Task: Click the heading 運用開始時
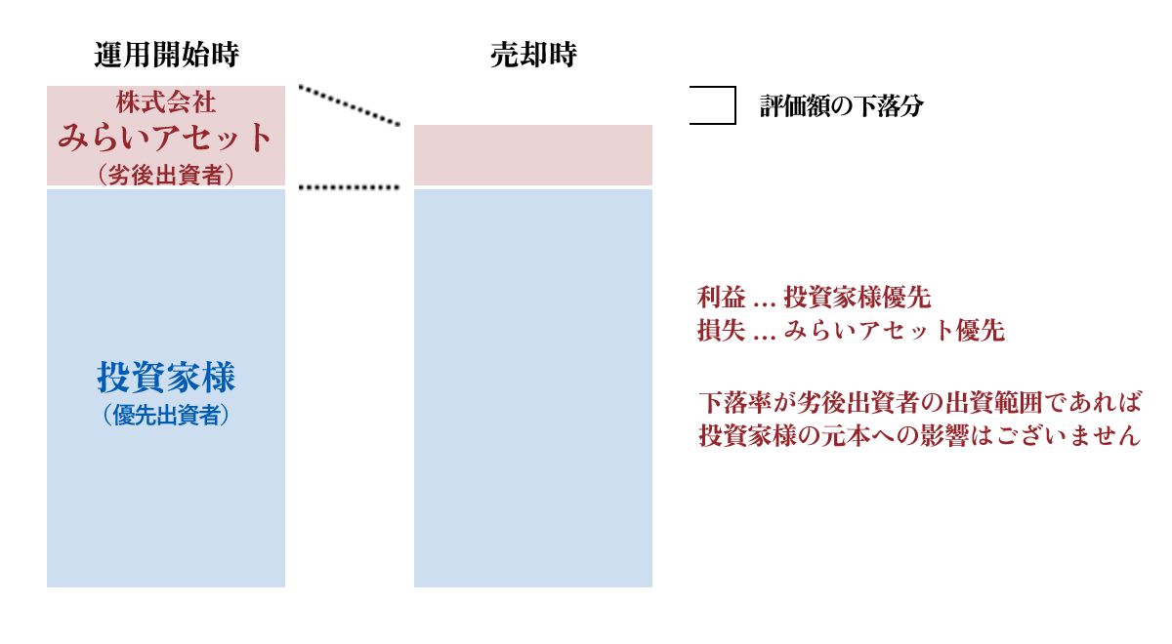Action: (166, 55)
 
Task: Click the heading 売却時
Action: (533, 55)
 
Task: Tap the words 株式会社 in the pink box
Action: (166, 101)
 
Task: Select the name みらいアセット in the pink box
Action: (165, 138)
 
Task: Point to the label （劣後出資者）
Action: (166, 174)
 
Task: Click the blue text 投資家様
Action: (166, 377)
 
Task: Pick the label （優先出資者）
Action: (166, 415)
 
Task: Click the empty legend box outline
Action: (735, 105)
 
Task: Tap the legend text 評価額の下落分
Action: (841, 105)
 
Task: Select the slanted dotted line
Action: (349, 105)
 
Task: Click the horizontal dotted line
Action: (349, 187)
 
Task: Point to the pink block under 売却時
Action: (533, 155)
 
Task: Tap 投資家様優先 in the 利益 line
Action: (858, 298)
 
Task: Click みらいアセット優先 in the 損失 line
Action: (895, 330)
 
